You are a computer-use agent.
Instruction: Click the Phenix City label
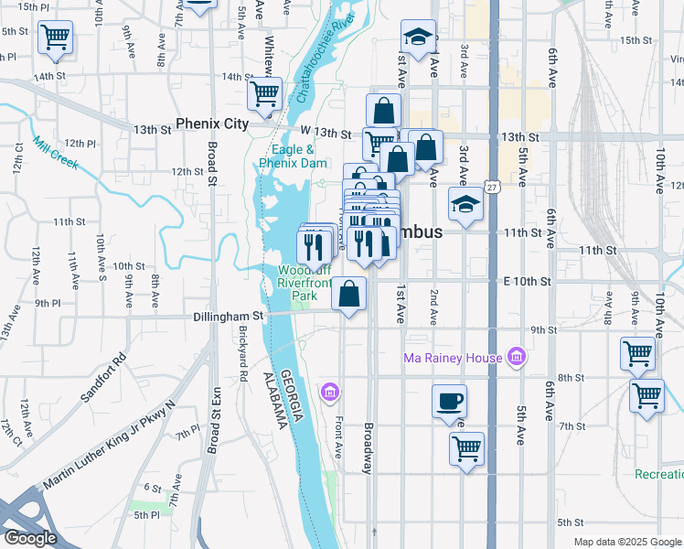212,124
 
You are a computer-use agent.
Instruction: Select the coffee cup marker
448,402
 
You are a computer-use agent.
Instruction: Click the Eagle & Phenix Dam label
293,156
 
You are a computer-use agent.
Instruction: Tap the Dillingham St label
228,316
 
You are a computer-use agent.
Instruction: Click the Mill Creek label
54,154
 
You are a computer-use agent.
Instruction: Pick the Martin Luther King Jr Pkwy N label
107,445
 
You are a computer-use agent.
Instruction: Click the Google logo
30,538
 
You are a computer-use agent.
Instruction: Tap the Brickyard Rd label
242,353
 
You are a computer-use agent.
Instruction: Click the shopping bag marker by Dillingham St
348,294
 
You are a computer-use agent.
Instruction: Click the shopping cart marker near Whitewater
264,93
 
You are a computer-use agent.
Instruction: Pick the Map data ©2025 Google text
626,542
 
